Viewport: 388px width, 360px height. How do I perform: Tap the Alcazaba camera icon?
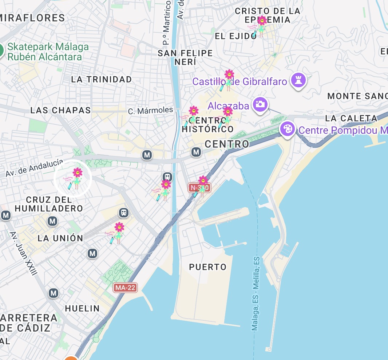tap(260, 104)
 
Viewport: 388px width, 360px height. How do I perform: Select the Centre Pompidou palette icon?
tap(288, 129)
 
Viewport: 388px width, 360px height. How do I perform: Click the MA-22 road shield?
tap(125, 288)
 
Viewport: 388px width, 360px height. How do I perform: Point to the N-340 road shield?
tap(199, 188)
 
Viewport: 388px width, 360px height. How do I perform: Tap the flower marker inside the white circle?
tap(75, 178)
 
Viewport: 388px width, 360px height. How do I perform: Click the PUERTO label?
tap(207, 267)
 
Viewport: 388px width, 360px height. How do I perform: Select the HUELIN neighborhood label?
tap(82, 308)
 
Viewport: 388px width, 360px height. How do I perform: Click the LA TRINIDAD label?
tap(102, 79)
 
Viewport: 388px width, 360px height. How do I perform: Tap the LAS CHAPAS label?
tap(60, 110)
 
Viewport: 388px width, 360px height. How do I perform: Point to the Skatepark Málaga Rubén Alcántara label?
tap(48, 52)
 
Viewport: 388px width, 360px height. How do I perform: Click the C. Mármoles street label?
tap(150, 110)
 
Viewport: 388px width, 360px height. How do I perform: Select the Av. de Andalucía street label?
tap(34, 168)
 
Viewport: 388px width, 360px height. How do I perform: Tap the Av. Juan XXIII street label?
tap(24, 253)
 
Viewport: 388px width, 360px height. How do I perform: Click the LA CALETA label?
tap(351, 118)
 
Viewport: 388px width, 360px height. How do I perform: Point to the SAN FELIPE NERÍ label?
tap(185, 57)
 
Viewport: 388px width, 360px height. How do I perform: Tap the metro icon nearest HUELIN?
tap(54, 293)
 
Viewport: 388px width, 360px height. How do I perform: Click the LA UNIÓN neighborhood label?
tap(60, 238)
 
